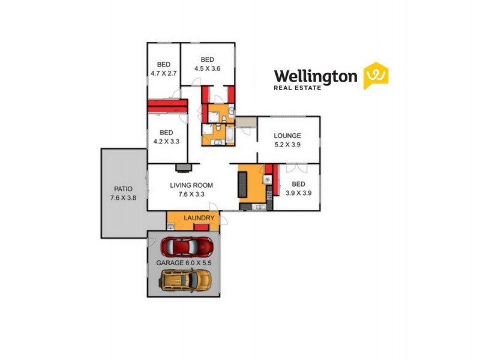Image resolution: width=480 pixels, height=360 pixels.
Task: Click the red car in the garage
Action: [x=187, y=247]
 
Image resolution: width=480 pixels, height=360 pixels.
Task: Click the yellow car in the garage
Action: [x=186, y=279]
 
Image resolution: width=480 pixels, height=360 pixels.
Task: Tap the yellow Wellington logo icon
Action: [x=376, y=76]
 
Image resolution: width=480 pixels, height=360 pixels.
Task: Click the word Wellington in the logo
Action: [x=316, y=76]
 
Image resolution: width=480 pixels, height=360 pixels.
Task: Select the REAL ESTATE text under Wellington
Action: [x=297, y=88]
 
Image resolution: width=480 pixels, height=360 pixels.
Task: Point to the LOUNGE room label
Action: [x=287, y=136]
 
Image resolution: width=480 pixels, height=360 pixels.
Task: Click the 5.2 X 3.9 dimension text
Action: [x=287, y=145]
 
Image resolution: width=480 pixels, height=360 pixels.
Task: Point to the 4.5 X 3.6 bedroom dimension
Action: [x=208, y=68]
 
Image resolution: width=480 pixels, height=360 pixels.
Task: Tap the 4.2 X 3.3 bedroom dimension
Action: [x=166, y=142]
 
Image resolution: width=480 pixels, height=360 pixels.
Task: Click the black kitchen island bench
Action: [x=244, y=184]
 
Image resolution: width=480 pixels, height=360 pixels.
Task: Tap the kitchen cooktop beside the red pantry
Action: [x=268, y=179]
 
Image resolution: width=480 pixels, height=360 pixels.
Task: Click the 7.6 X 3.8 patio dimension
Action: [x=124, y=197]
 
